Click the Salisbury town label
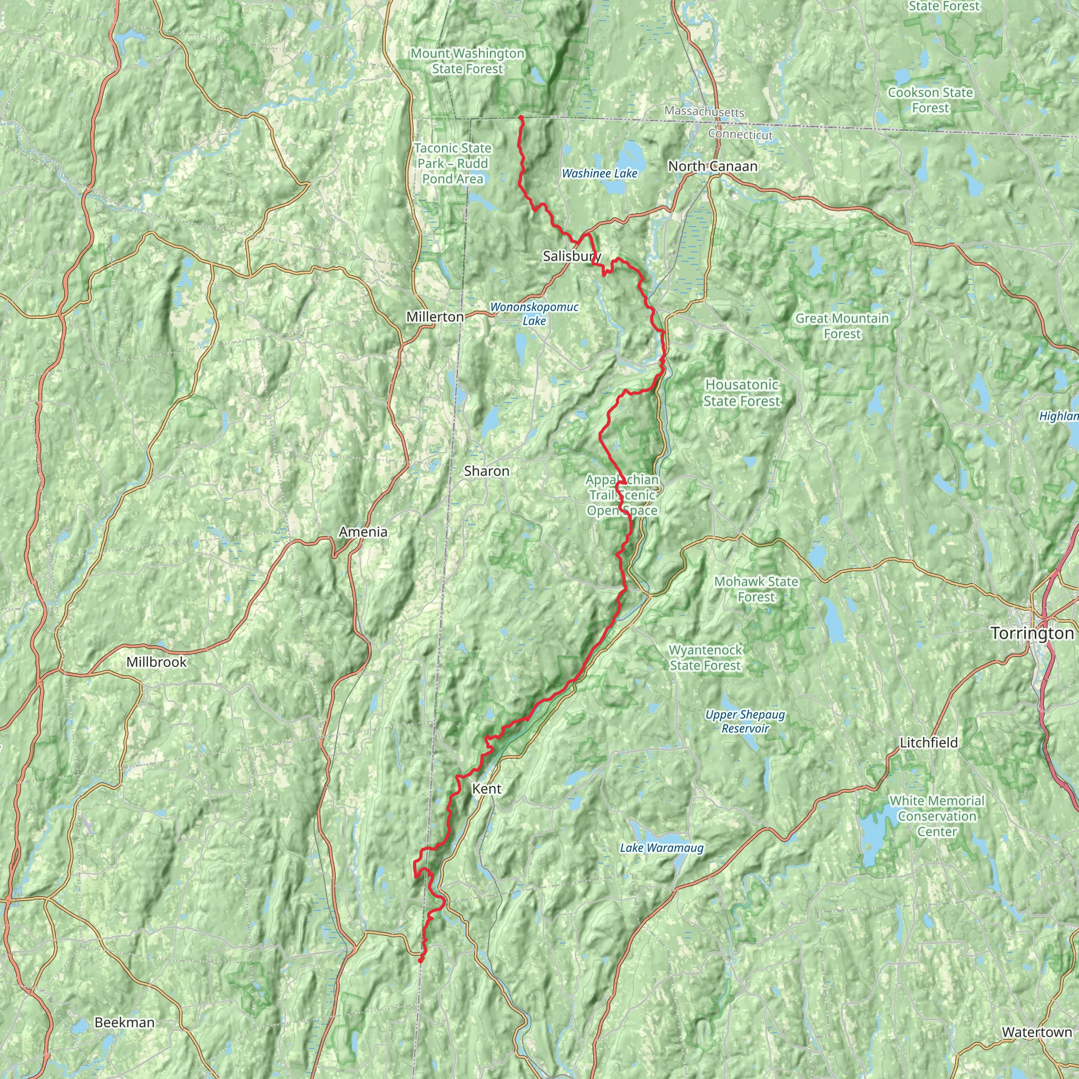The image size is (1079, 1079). [571, 257]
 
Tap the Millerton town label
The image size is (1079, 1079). [435, 317]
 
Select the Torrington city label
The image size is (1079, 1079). [1032, 633]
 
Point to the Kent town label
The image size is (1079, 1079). [486, 789]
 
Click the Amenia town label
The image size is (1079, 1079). [363, 532]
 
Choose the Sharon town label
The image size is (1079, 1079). [486, 471]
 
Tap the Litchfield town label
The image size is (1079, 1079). [928, 742]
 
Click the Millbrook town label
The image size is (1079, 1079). [156, 662]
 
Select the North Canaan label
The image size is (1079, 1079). [713, 166]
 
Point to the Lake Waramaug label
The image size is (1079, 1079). [661, 848]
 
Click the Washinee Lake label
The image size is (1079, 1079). [599, 174]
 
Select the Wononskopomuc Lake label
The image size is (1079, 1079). [534, 314]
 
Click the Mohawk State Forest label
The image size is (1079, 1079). [756, 589]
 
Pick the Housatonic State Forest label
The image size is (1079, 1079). [741, 393]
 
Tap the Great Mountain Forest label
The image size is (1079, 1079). [841, 326]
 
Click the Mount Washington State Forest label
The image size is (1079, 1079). [467, 62]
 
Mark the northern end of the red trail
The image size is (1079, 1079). [521, 117]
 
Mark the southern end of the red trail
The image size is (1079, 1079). [420, 960]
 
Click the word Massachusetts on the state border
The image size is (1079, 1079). [704, 112]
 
